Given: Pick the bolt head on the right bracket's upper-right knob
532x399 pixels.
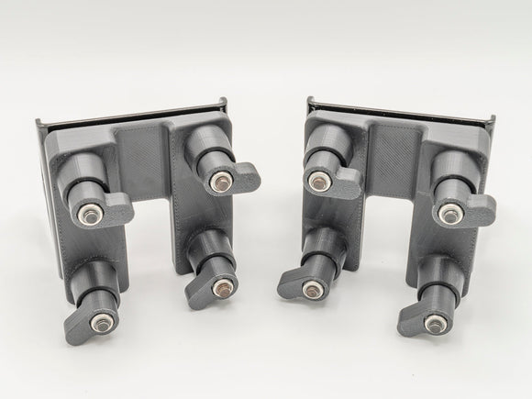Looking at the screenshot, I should coord(449,216).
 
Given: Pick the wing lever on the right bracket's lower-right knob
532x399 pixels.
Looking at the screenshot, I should coord(413,321).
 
